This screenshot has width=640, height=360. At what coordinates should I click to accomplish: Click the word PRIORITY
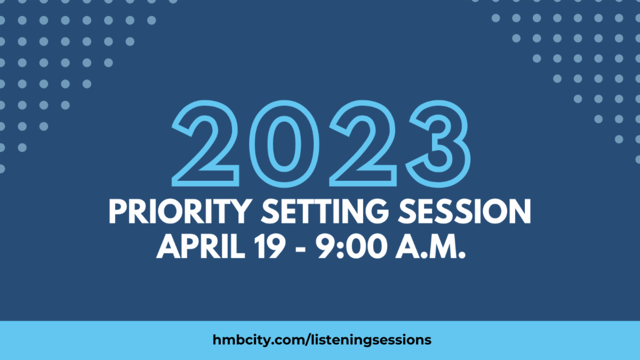pos(181,211)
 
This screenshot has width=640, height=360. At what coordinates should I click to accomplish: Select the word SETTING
pos(325,211)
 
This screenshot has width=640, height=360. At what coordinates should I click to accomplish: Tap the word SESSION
pos(465,211)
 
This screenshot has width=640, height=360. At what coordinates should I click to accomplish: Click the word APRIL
pos(201,246)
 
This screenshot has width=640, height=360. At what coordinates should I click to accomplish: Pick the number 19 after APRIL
pos(270,246)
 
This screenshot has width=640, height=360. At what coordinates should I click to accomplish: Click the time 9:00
pos(351,246)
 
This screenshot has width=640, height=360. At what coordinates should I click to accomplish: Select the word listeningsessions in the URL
pos(371,340)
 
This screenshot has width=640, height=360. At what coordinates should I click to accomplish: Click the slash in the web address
pos(308,340)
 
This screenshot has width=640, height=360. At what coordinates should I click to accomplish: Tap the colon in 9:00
pos(340,249)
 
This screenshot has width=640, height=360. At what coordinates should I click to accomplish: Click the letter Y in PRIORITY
pos(240,211)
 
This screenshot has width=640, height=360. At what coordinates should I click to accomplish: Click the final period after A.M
pos(462,255)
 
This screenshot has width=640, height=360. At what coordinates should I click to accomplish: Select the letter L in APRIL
pos(238,246)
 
